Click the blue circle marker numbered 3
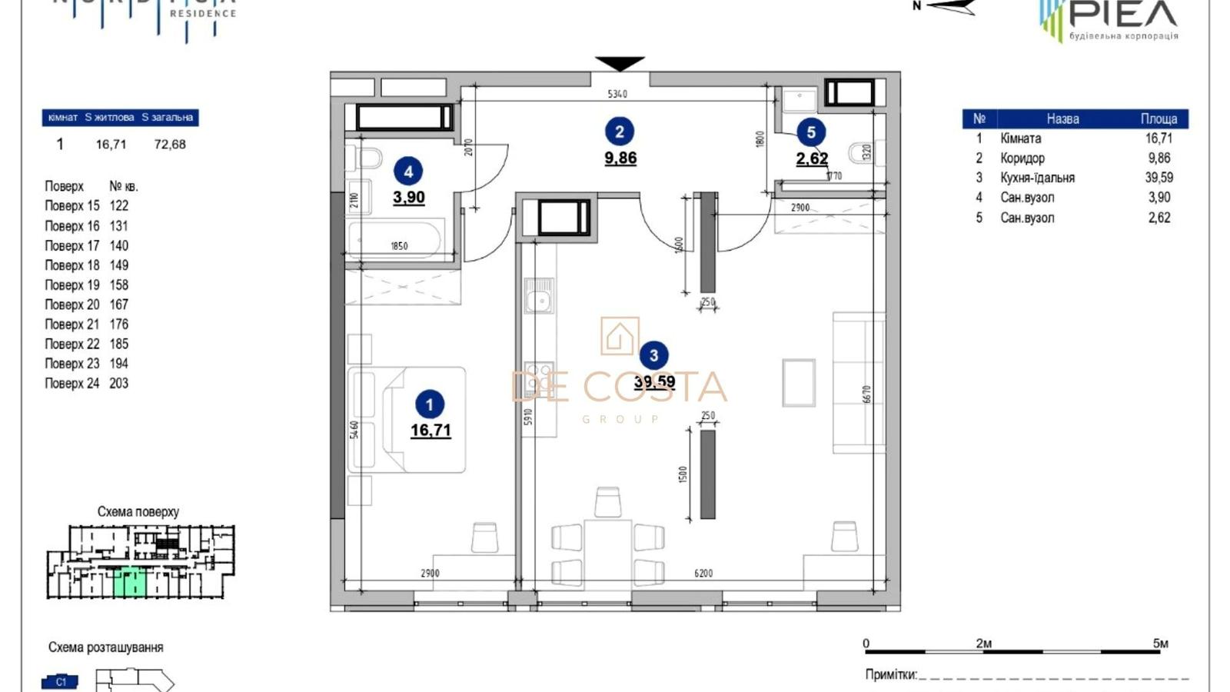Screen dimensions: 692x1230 (653, 355)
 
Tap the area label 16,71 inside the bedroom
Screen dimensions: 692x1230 (430, 431)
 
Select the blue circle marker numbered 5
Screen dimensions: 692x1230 (811, 132)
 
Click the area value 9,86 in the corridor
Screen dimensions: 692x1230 (620, 158)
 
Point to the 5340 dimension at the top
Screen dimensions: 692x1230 (617, 94)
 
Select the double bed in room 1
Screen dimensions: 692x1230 (407, 420)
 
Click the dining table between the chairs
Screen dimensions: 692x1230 (607, 552)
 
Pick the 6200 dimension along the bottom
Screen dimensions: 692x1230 (703, 574)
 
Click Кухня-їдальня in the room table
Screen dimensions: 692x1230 (1037, 178)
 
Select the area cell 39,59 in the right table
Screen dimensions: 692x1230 (1159, 178)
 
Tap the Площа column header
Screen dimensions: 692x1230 (1159, 119)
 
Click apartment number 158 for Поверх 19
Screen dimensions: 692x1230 (118, 285)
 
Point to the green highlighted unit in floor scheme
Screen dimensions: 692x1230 (130, 582)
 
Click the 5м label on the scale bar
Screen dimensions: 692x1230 (1160, 644)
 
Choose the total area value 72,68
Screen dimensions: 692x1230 (170, 145)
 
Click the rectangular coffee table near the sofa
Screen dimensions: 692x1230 (799, 382)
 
